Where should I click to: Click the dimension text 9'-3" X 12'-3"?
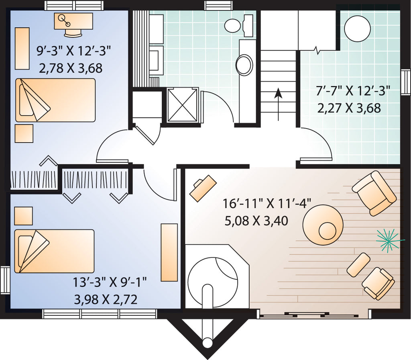coord(74,51)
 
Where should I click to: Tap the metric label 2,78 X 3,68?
coord(71,68)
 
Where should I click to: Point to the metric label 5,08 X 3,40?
coord(256,221)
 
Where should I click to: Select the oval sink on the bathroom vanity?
coord(244,65)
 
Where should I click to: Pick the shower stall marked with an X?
coord(182,105)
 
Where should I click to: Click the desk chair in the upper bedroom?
coord(73,32)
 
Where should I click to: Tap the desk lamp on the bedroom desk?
coord(64,20)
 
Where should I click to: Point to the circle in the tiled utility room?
coord(357,29)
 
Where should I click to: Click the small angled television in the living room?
coord(203,188)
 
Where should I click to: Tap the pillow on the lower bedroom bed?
coord(25,251)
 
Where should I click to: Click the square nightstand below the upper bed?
coord(24,133)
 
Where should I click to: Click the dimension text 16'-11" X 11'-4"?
coord(267,203)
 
